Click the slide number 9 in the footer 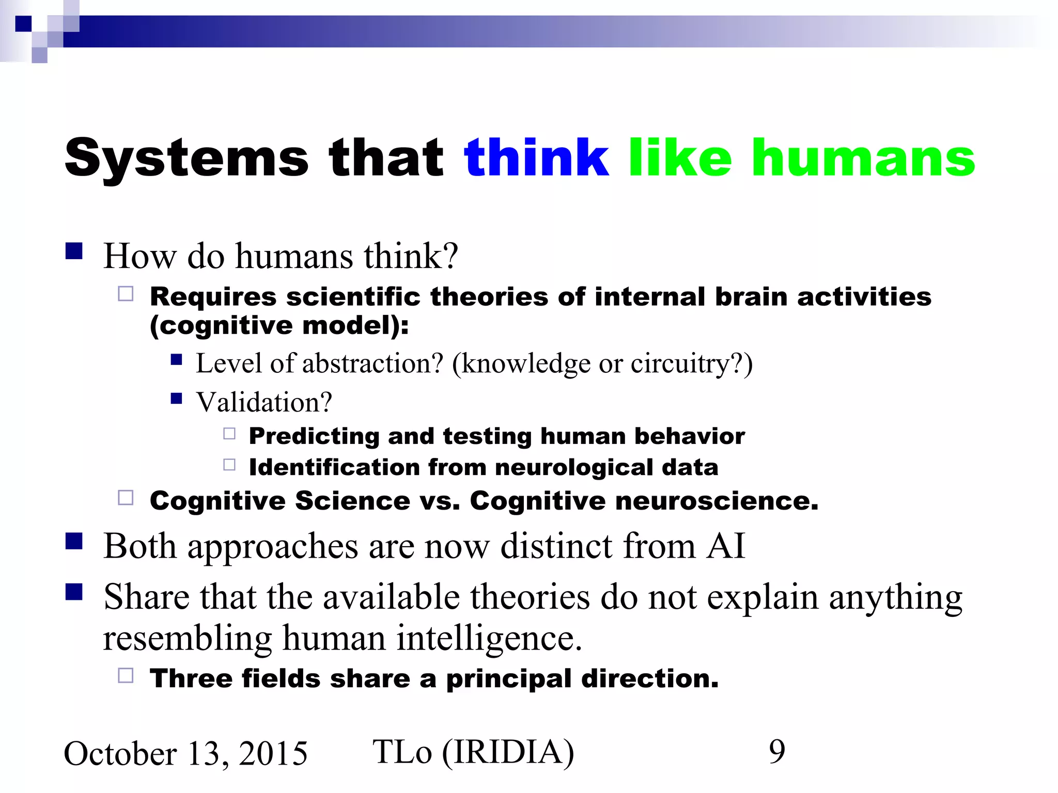coord(776,752)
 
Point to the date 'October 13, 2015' coord(185,753)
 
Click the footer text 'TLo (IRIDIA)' coord(473,752)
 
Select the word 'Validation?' coord(264,402)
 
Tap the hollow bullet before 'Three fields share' coord(126,675)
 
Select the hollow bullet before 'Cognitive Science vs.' coord(126,498)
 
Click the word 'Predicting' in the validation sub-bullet coord(314,436)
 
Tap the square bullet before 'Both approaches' coord(74,541)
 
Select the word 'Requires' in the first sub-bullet coord(213,297)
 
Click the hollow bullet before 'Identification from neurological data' coord(229,465)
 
